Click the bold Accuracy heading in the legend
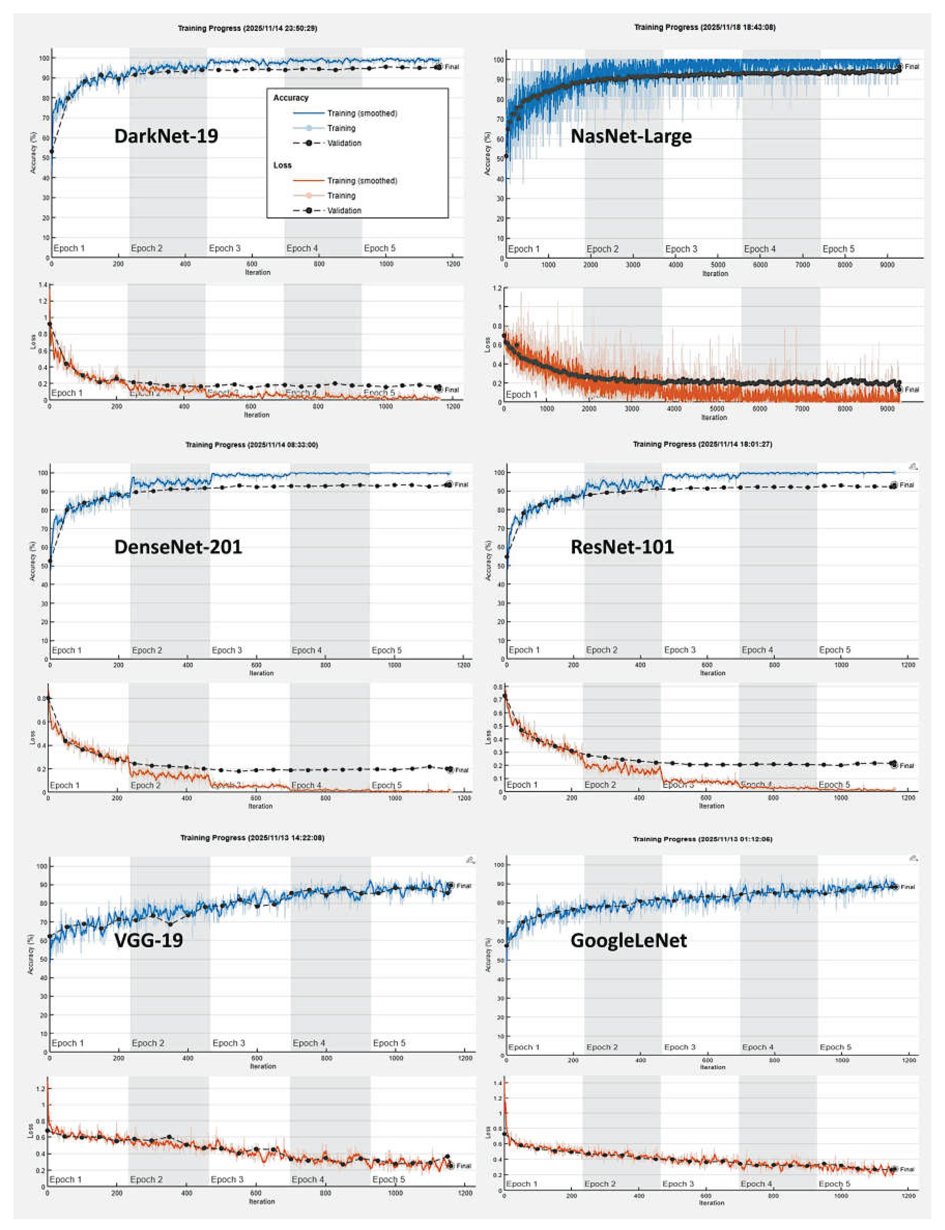291,98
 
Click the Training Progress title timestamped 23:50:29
248,28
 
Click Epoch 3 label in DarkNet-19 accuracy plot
225,248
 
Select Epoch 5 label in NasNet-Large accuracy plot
838,249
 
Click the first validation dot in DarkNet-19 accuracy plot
52,151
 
